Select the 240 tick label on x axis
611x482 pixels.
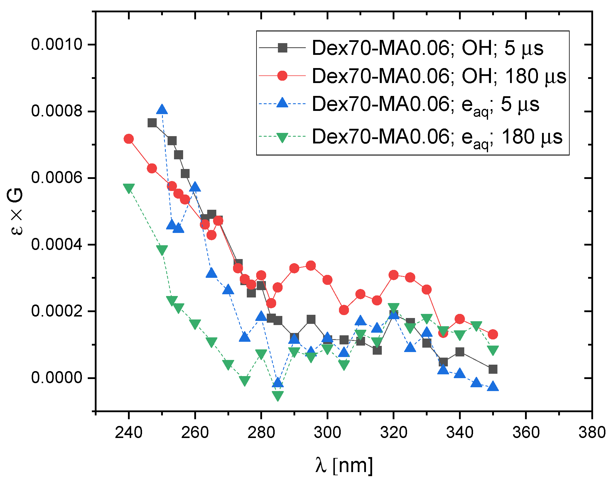(x=129, y=432)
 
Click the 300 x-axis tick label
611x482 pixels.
(x=327, y=432)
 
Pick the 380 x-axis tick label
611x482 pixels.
(x=592, y=432)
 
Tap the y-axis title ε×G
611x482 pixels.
(x=15, y=212)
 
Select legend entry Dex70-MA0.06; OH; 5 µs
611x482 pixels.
(x=427, y=48)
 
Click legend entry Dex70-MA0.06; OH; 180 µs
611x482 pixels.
(x=439, y=76)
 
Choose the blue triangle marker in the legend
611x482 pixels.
(x=282, y=103)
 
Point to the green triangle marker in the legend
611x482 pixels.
(x=282, y=137)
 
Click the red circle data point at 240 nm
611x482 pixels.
(x=129, y=139)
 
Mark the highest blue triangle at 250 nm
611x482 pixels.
(x=162, y=110)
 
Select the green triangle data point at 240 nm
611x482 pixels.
(x=129, y=188)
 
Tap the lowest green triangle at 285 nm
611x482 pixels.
(x=278, y=395)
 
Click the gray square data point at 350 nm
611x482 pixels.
(x=493, y=369)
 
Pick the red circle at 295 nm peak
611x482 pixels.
(x=311, y=266)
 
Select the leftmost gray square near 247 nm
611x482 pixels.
(x=152, y=123)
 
